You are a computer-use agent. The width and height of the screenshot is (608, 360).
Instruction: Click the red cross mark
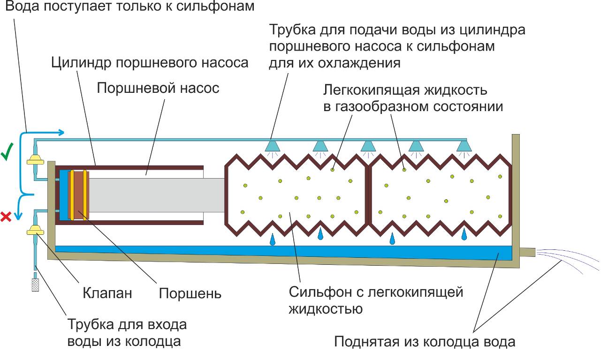[6, 216]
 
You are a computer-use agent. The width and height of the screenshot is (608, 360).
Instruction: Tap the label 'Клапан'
[107, 293]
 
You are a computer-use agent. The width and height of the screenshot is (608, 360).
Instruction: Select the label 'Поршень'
[190, 293]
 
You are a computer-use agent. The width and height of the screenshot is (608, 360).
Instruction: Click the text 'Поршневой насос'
[158, 88]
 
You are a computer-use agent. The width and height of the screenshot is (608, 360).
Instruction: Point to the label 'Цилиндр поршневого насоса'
[150, 62]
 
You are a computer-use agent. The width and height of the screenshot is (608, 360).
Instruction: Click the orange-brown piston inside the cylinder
[77, 195]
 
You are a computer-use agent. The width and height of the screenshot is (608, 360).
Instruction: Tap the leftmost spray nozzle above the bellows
[272, 146]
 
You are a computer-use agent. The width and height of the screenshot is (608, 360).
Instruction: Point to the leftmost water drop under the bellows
[272, 240]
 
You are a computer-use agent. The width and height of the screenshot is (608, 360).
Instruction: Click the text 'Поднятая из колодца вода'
[425, 341]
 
